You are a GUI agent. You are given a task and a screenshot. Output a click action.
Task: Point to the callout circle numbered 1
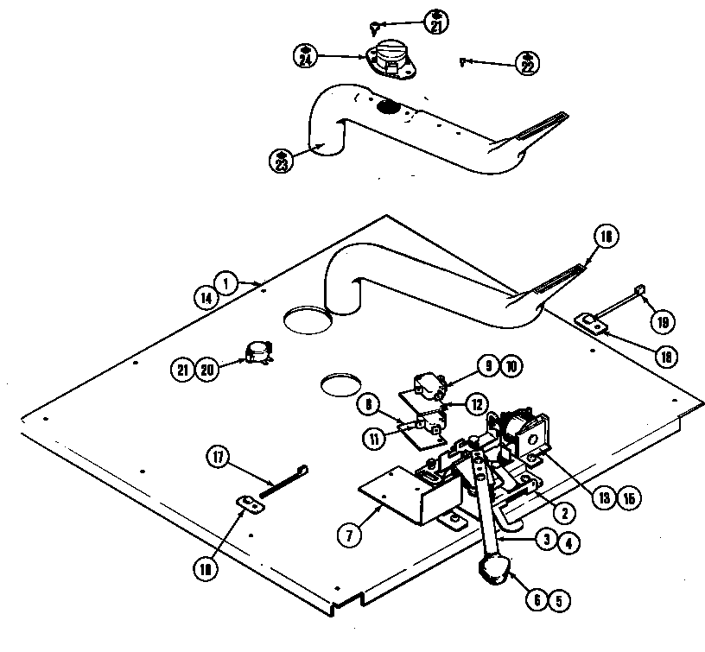pyautogui.click(x=227, y=282)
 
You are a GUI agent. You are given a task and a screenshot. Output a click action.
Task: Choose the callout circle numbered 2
pyautogui.click(x=562, y=513)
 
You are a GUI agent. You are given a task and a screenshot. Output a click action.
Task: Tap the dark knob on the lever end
pyautogui.click(x=492, y=570)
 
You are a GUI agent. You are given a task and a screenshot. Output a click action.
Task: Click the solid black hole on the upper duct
pyautogui.click(x=388, y=108)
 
